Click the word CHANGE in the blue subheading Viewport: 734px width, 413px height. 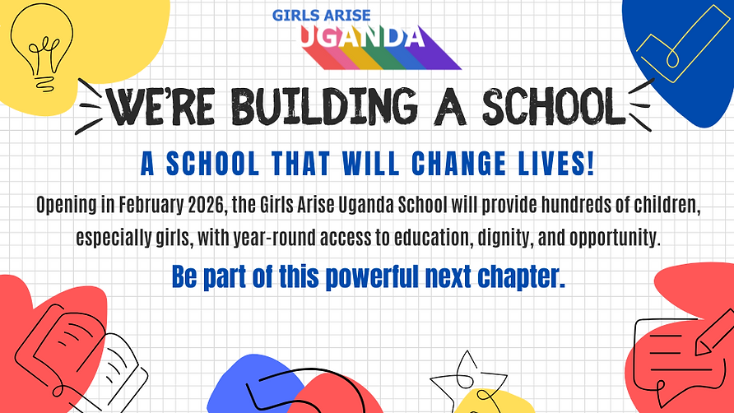point(434,165)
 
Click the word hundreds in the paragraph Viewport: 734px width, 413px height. point(563,206)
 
